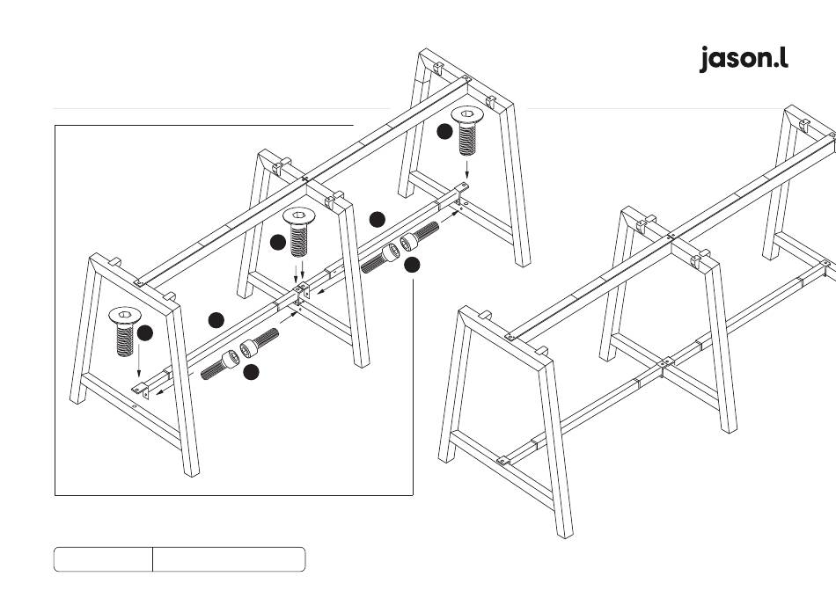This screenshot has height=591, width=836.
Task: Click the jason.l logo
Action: [744, 58]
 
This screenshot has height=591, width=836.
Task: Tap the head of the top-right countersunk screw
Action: [467, 115]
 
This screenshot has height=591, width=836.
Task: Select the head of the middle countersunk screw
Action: [300, 216]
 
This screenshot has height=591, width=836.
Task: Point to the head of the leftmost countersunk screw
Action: [125, 315]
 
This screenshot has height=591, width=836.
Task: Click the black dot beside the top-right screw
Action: [445, 132]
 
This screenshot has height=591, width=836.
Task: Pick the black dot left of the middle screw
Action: [278, 241]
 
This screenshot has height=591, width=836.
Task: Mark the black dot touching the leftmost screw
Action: [145, 332]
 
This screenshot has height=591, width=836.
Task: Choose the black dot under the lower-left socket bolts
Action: [251, 372]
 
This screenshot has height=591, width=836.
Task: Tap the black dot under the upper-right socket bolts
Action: [412, 263]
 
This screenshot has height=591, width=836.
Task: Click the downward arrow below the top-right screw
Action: [467, 169]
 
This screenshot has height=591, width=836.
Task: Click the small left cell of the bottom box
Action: [103, 559]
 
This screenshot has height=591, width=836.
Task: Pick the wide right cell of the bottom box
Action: [229, 559]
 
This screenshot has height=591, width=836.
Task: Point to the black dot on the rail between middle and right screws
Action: [378, 219]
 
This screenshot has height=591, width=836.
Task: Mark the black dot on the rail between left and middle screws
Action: [216, 319]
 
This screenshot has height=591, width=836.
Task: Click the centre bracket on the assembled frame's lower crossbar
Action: [667, 362]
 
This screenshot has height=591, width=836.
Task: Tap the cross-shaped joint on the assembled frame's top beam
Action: [671, 236]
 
